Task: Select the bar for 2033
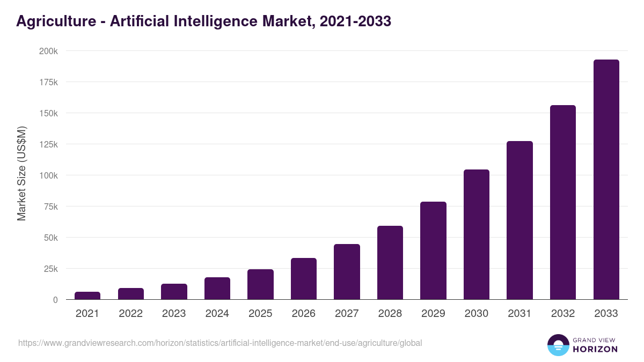point(606,180)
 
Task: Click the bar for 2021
point(87,295)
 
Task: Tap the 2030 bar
point(477,234)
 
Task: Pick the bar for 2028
point(390,263)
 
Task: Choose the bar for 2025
point(260,284)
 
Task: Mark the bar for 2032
point(563,202)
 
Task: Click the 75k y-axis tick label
point(50,206)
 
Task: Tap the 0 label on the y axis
point(55,300)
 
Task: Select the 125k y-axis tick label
point(48,144)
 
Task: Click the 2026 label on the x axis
point(304,314)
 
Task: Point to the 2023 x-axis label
point(174,314)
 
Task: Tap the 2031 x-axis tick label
point(519,314)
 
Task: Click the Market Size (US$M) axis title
point(21,173)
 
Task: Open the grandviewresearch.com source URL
point(220,343)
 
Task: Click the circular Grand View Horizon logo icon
point(558,345)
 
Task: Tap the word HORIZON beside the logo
point(596,349)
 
